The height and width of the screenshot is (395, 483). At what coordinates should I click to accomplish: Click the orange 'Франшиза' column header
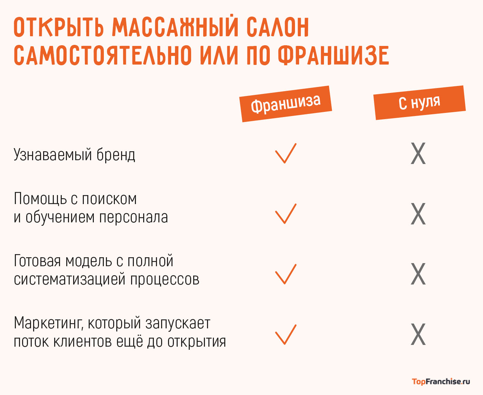click(x=286, y=104)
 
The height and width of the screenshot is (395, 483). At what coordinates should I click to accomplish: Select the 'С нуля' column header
click(x=420, y=103)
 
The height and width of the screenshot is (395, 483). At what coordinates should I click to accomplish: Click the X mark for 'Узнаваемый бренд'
click(x=418, y=153)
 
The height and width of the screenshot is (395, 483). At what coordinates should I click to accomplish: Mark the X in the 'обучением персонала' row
click(x=418, y=214)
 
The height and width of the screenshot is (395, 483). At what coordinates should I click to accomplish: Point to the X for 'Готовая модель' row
click(x=418, y=274)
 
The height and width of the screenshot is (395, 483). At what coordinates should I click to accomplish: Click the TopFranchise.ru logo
click(x=441, y=382)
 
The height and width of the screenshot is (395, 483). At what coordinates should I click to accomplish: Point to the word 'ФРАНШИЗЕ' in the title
click(x=333, y=55)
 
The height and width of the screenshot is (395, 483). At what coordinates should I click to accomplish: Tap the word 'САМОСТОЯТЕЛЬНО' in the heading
click(x=102, y=55)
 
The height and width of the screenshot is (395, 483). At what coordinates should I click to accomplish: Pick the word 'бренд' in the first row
click(x=116, y=155)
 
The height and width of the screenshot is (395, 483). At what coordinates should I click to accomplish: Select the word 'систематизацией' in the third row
click(x=70, y=279)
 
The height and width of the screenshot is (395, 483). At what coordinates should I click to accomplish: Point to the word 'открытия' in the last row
click(x=197, y=342)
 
